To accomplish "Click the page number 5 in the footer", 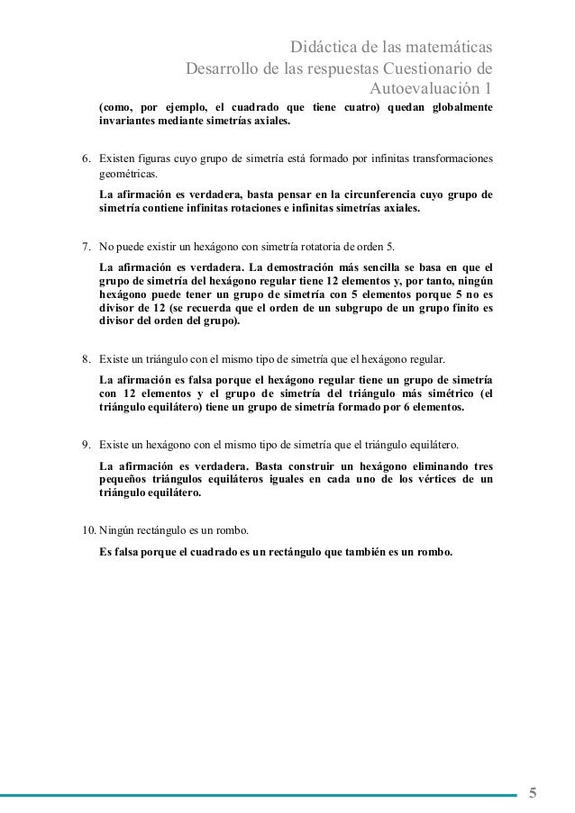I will click(533, 793).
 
